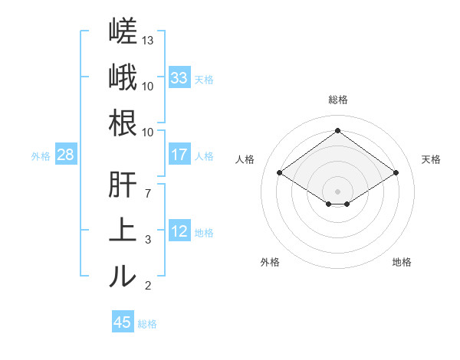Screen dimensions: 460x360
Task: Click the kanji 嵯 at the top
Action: click(x=123, y=31)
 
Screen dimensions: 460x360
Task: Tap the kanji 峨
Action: click(x=123, y=77)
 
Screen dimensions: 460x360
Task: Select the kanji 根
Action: click(x=123, y=123)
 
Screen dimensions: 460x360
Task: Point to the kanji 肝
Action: click(x=123, y=185)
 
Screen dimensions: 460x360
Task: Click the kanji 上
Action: click(x=123, y=230)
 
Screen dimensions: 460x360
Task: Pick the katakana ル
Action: click(x=123, y=276)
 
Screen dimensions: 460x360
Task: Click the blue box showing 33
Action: click(x=179, y=77)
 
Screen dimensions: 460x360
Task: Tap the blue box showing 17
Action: click(x=179, y=154)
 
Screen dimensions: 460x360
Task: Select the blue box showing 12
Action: click(x=179, y=230)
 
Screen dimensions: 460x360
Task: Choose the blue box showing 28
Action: click(x=66, y=154)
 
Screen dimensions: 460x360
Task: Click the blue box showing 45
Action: click(x=123, y=321)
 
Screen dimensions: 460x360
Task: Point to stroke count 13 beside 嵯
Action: click(x=147, y=41)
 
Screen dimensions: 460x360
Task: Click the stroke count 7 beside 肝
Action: click(x=148, y=194)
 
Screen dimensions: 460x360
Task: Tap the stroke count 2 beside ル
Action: click(x=148, y=286)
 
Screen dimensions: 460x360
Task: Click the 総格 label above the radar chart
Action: click(x=338, y=100)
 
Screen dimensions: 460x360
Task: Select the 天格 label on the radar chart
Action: click(x=431, y=159)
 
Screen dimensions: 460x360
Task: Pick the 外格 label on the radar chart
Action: click(x=270, y=262)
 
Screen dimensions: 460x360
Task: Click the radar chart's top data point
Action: click(x=337, y=130)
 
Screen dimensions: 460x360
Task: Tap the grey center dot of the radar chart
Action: click(x=337, y=191)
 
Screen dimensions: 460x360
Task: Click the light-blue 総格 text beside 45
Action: click(x=147, y=324)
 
